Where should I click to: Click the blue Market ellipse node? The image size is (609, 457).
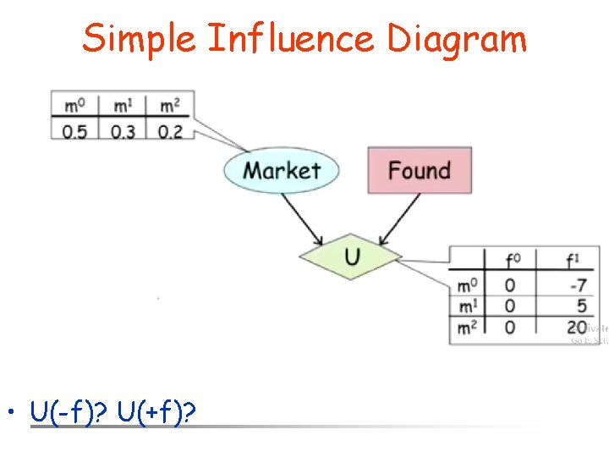coord(282,170)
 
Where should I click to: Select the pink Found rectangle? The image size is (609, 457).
coord(419,170)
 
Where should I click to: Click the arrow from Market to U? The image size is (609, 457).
coord(307,218)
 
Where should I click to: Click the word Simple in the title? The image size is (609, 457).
coord(140,39)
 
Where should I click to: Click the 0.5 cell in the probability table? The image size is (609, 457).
coord(74,131)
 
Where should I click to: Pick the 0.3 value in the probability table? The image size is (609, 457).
coord(122,131)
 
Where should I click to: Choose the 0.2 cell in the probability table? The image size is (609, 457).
coord(169,131)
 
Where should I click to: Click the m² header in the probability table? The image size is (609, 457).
coord(169,107)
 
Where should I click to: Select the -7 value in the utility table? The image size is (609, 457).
coord(578,285)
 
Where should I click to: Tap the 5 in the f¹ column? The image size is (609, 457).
coord(581,306)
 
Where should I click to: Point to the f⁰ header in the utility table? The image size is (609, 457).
coord(512,260)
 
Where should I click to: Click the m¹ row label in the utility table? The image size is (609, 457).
coord(467,306)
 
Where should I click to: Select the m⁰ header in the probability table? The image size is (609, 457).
coord(74,107)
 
